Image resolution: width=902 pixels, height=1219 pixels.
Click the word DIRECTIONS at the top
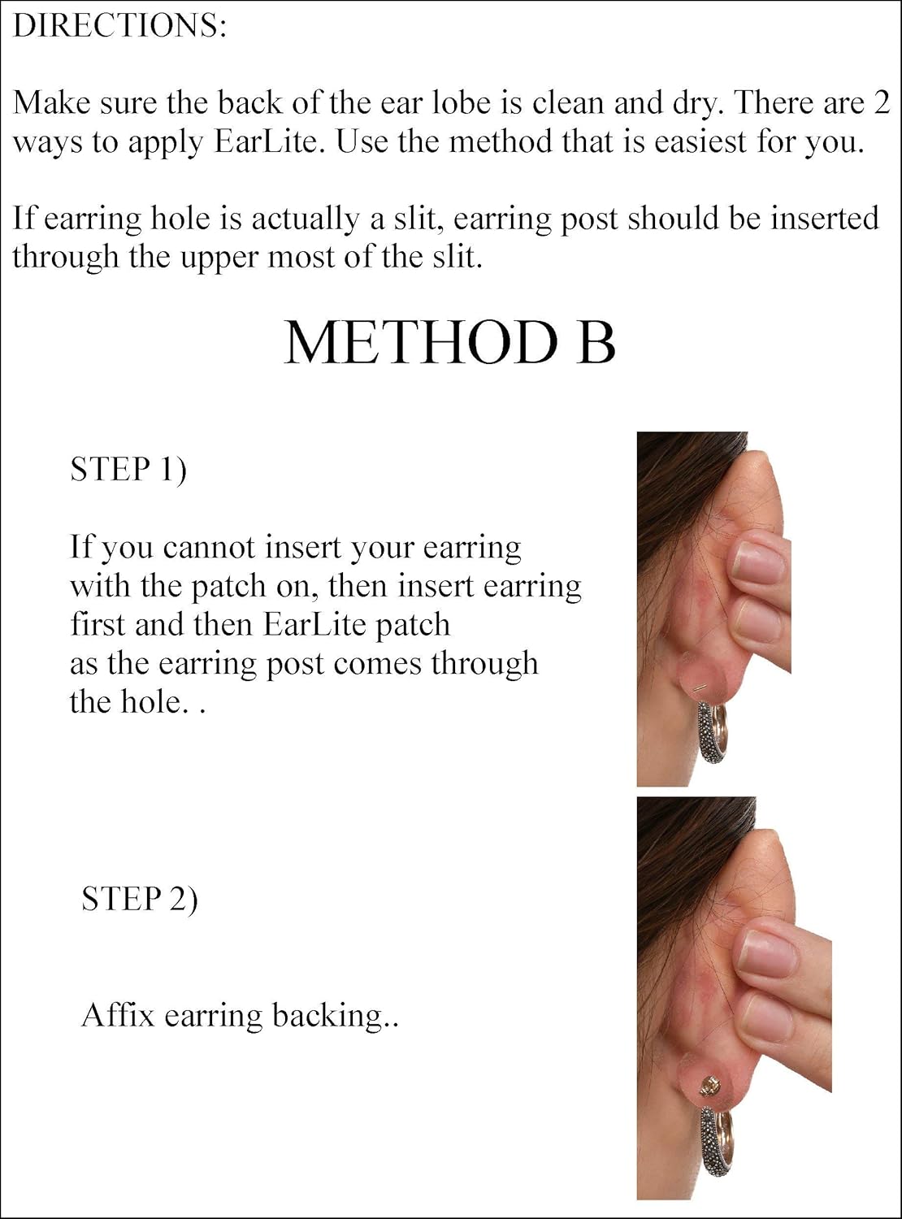[x=119, y=26]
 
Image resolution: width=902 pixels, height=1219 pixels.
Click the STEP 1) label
[x=128, y=470]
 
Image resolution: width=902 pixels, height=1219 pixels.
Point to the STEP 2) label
[x=139, y=899]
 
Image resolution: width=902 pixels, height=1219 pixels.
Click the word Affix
[x=117, y=1015]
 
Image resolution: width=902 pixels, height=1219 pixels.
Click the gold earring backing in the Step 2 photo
[x=708, y=1087]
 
